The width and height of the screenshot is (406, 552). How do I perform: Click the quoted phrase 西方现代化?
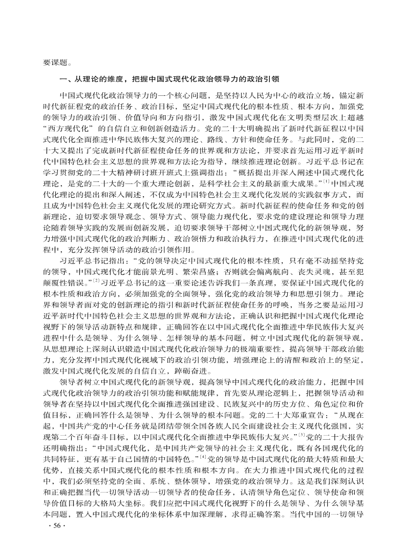tap(68, 127)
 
